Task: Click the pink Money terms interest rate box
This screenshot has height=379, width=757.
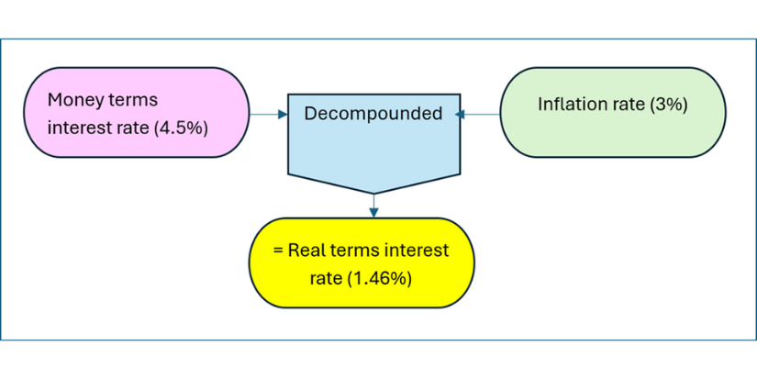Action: [x=137, y=112]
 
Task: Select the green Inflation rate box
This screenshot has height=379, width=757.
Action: [x=613, y=112]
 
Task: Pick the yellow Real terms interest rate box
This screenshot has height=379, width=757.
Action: [x=362, y=262]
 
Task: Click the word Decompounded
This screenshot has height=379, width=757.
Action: [x=373, y=114]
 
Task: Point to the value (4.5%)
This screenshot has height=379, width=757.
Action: [x=181, y=129]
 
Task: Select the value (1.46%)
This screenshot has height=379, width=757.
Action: [x=380, y=280]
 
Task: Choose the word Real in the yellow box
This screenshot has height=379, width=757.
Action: [x=306, y=251]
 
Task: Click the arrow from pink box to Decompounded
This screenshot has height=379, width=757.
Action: [x=269, y=115]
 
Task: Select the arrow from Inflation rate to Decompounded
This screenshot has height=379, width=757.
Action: [x=477, y=115]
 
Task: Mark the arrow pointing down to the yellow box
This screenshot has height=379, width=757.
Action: [x=373, y=206]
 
